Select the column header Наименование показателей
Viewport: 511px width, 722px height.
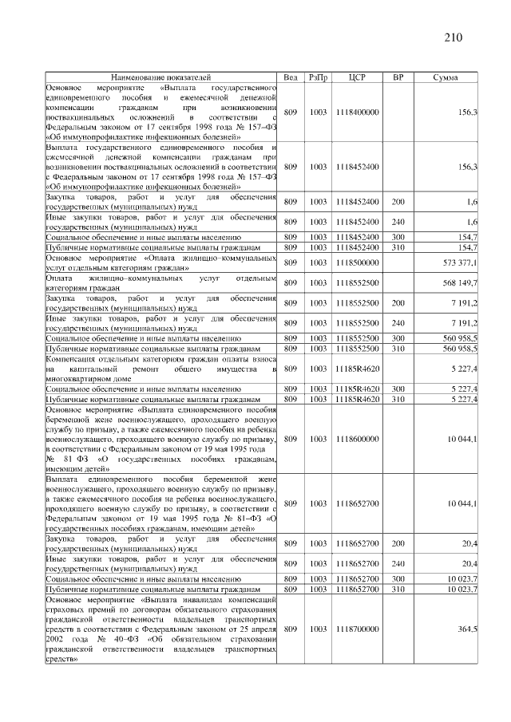pos(160,77)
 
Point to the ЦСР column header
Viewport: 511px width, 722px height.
pos(358,77)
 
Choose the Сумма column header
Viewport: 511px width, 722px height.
pos(444,77)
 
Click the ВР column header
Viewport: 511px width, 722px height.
pos(398,77)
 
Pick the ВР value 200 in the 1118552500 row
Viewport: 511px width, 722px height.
pos(398,302)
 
